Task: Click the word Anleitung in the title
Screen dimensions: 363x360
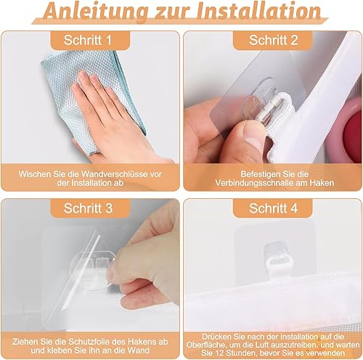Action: pos(97,11)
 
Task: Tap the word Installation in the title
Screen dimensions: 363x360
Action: pos(258,10)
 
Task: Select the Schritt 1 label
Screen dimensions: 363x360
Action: pos(88,40)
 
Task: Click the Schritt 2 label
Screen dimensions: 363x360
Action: pos(274,40)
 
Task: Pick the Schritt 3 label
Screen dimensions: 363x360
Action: pos(88,208)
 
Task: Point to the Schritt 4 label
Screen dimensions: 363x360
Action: pos(274,208)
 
